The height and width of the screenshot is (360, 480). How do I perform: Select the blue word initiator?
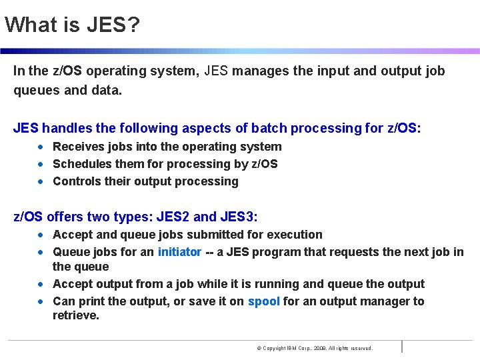click(179, 252)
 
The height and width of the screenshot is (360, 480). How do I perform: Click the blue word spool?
click(263, 301)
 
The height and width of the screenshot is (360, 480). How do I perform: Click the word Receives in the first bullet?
click(77, 147)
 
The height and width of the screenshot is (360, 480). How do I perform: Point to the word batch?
click(228, 128)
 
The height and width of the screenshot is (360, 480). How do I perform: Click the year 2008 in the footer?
click(317, 348)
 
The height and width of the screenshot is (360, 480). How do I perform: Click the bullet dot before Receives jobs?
click(41, 147)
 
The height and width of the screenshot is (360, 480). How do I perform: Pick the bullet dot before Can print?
click(41, 301)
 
